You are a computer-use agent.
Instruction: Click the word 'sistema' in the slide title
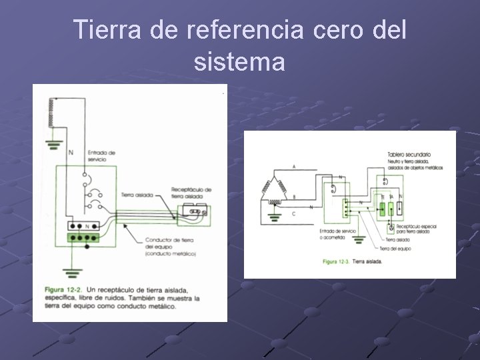click(x=240, y=62)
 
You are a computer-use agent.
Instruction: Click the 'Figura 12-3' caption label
click(x=336, y=261)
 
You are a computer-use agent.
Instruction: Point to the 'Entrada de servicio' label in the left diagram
click(x=101, y=156)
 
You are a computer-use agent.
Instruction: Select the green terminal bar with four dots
click(x=83, y=237)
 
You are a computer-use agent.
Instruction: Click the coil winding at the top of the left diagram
click(x=49, y=113)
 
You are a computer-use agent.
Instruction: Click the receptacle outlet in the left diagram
click(x=196, y=213)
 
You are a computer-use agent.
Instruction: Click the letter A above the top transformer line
click(x=294, y=166)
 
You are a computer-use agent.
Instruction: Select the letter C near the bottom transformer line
click(x=294, y=213)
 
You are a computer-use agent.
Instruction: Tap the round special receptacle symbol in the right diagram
click(x=391, y=227)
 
